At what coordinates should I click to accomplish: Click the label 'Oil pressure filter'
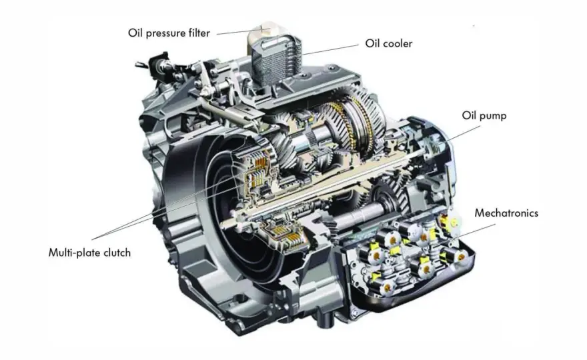coord(169,33)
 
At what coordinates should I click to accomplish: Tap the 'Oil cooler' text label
coord(389,43)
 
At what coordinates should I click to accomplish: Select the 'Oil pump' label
coord(484,115)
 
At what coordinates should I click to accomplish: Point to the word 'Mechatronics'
coord(506,213)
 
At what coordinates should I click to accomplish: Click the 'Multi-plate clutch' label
coord(90,253)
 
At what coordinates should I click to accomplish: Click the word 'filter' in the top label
coord(198,33)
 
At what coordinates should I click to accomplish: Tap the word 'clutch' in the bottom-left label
coord(117,253)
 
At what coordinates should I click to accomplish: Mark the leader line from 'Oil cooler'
coord(330,49)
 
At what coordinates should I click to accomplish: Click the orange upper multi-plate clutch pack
coord(258,173)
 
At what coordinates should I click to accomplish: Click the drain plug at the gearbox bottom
coord(325,319)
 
